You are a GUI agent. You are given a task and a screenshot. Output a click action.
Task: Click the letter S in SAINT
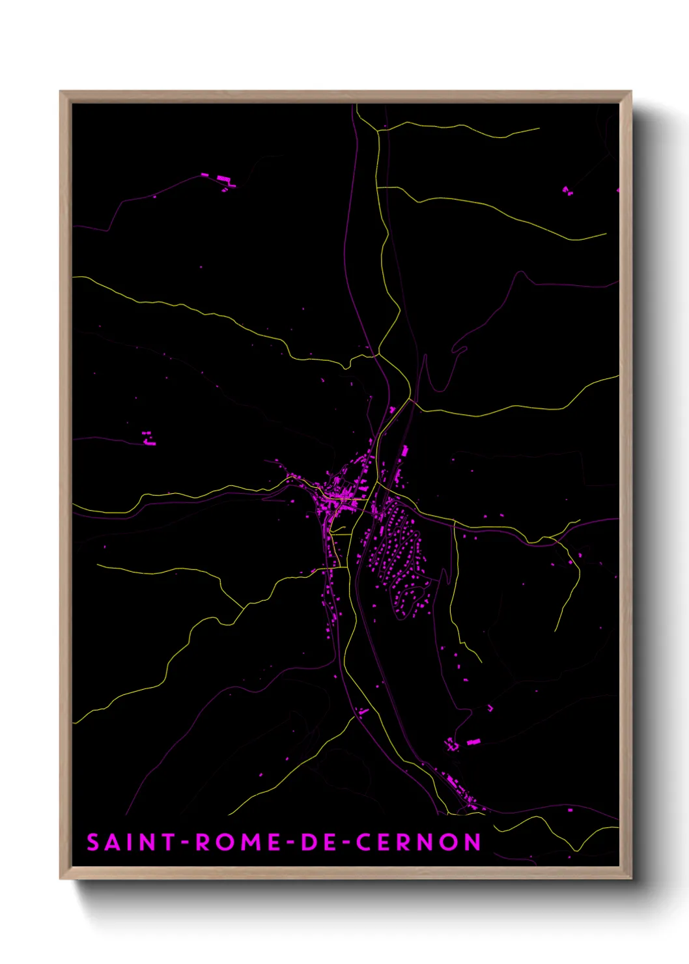[94, 842]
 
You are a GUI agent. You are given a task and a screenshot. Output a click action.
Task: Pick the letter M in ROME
[251, 842]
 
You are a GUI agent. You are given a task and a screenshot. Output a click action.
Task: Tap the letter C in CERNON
[364, 842]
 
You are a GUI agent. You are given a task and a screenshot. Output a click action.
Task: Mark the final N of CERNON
[473, 842]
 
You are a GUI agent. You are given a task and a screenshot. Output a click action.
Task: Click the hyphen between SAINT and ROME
[185, 843]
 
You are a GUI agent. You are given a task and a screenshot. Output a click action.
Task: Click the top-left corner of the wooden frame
[61, 92]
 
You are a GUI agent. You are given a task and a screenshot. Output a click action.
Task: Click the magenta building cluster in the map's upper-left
[221, 180]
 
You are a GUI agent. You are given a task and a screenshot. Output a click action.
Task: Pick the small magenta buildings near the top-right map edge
[567, 191]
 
